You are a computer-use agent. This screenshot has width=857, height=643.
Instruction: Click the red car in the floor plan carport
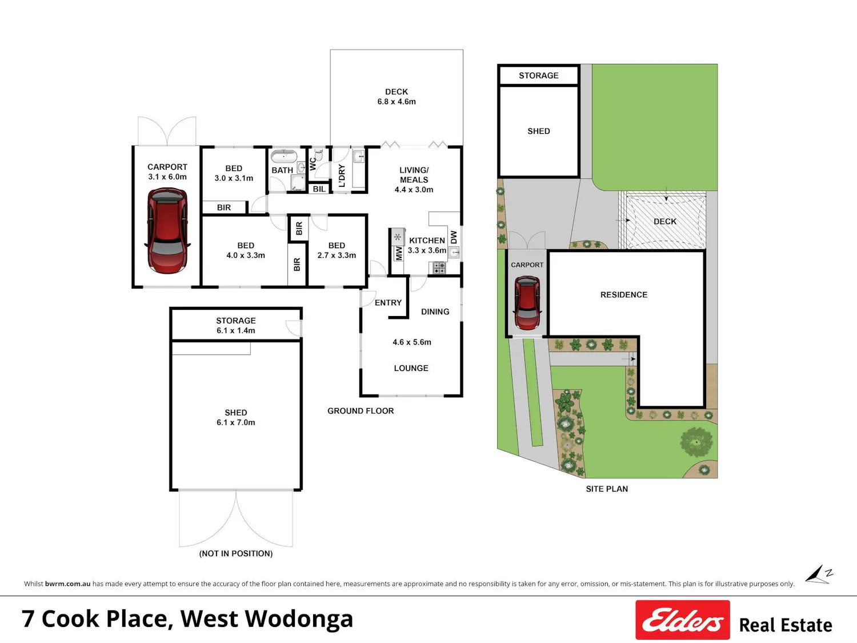tap(167, 230)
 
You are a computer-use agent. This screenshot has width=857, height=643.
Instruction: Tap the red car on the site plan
tap(527, 303)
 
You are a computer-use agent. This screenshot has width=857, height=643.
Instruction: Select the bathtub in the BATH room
tap(284, 156)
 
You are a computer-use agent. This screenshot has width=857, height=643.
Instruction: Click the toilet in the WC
tap(319, 155)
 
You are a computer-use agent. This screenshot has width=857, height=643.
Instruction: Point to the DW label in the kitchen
tap(453, 237)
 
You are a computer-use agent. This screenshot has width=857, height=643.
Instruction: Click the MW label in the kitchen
tap(399, 253)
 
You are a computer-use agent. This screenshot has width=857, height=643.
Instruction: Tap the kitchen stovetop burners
tap(439, 268)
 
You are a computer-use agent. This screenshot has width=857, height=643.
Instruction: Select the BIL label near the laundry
tap(319, 189)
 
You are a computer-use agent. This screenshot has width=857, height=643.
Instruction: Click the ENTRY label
tap(388, 302)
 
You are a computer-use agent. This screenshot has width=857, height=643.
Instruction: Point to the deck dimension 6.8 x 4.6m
tap(397, 102)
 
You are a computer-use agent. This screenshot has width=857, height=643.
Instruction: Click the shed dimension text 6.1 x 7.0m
tap(236, 422)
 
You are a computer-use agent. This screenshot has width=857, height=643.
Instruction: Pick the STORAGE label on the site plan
tap(538, 75)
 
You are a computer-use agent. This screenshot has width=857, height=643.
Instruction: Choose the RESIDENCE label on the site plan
tap(623, 295)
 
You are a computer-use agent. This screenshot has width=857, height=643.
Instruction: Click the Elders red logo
tap(683, 620)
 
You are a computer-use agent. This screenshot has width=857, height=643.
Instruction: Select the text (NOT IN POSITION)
tap(236, 554)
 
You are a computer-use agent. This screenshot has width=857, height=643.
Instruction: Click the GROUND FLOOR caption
tap(361, 411)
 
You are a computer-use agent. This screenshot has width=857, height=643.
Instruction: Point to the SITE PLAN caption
tap(607, 489)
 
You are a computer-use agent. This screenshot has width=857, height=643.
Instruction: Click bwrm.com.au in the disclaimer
tap(67, 584)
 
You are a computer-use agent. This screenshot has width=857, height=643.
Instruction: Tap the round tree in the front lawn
tap(696, 442)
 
